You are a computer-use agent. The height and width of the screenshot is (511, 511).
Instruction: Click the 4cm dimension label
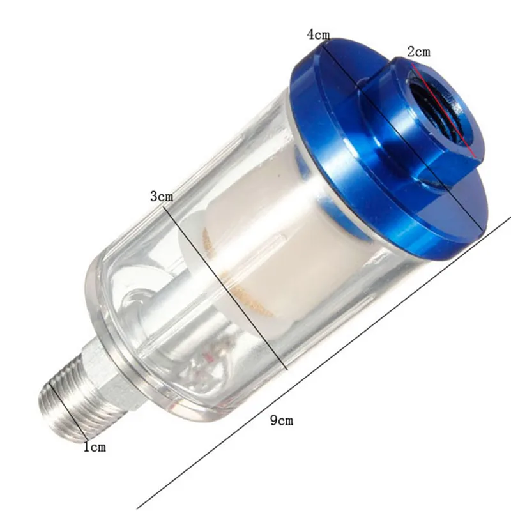(x=318, y=34)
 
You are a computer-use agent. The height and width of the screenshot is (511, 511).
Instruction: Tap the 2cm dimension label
(x=419, y=51)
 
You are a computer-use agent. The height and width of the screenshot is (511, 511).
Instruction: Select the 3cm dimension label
(x=162, y=196)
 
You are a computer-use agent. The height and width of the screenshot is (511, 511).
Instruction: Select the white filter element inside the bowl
(x=268, y=243)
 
